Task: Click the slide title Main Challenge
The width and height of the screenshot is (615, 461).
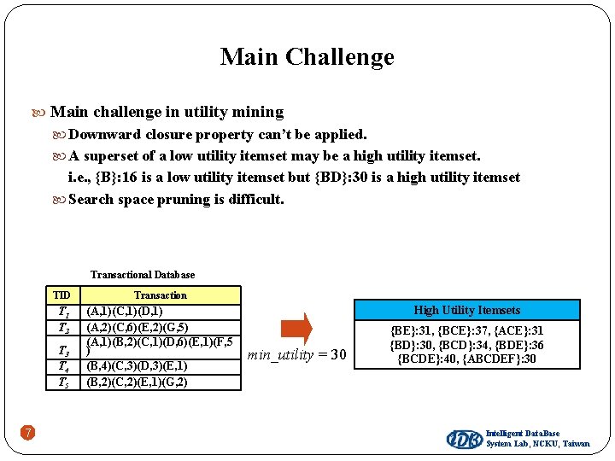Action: click(307, 57)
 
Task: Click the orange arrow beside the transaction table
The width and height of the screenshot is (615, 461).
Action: click(296, 330)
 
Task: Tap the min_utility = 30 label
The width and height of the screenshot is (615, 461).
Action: click(297, 354)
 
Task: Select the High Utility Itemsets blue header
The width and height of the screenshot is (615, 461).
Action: click(466, 310)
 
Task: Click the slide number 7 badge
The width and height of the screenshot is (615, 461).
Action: click(28, 433)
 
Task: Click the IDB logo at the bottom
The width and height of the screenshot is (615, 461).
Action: click(464, 439)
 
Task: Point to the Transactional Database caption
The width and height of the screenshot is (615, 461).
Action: click(143, 275)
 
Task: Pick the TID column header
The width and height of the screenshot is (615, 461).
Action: click(61, 295)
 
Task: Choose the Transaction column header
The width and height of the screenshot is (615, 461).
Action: click(160, 295)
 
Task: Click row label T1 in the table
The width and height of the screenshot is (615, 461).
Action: click(62, 312)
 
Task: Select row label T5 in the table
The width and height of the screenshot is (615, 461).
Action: click(62, 382)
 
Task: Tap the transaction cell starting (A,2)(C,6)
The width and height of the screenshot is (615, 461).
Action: click(138, 327)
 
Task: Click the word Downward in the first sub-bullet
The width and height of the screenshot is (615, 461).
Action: click(105, 134)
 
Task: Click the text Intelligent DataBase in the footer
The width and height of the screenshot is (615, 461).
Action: click(523, 434)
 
